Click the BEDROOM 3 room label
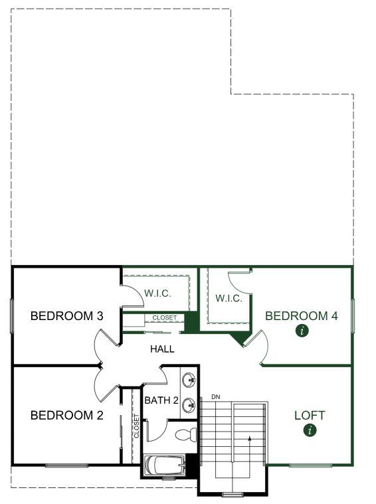point(67,316)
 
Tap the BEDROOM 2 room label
point(67,415)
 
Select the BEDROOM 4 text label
point(302,316)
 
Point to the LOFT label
point(310,415)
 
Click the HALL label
point(163,349)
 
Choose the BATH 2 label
point(161,400)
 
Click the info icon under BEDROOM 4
point(302,331)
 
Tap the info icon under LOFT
point(310,430)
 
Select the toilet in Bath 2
point(187,434)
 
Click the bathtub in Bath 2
point(165,465)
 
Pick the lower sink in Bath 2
point(189,406)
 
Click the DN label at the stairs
point(216,397)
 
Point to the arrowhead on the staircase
point(249,438)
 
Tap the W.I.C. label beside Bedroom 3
point(157,294)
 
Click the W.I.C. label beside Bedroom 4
point(229,298)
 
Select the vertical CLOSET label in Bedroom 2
point(136,426)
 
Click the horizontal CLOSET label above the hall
point(165,317)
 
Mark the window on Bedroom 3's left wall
point(11,316)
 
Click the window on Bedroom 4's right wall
point(353,316)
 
